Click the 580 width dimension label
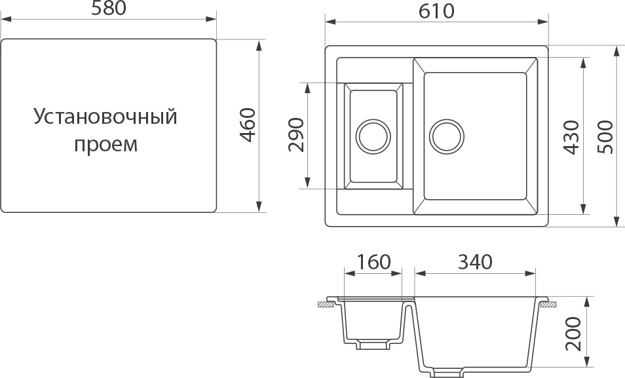point(108,9)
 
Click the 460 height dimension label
point(248,125)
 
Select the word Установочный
point(105,117)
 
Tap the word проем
point(105,144)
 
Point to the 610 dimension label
point(436,11)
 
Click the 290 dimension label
point(296,135)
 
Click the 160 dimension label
point(373,262)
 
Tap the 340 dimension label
point(475,262)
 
